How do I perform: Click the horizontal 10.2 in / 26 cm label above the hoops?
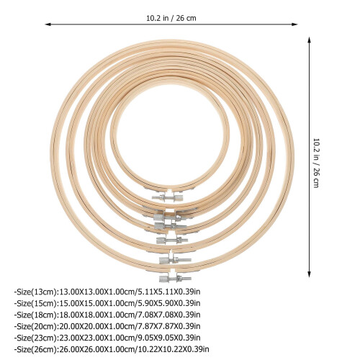pyautogui.click(x=171, y=18)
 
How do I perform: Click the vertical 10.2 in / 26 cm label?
pyautogui.click(x=317, y=163)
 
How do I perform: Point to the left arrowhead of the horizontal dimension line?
pyautogui.click(x=48, y=24)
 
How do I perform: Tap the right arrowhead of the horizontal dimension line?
pyautogui.click(x=294, y=24)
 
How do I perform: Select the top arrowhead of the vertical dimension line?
pyautogui.click(x=309, y=40)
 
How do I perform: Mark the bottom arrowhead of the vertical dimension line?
pyautogui.click(x=309, y=274)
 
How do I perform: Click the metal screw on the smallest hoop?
pyautogui.click(x=168, y=198)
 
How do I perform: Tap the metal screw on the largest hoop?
pyautogui.click(x=175, y=279)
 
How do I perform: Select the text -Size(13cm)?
pyautogui.click(x=36, y=292)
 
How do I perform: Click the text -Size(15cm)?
pyautogui.click(x=36, y=303)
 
